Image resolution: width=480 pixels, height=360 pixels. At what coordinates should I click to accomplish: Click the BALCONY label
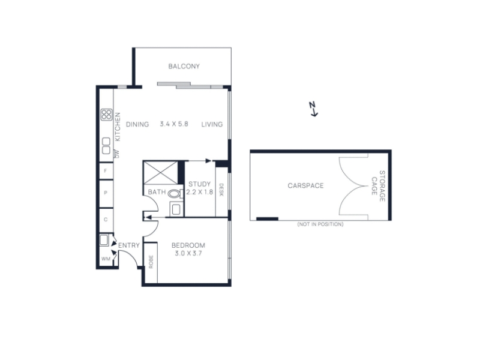pyautogui.click(x=184, y=66)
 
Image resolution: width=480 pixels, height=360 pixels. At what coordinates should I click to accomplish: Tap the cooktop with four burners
pyautogui.click(x=107, y=115)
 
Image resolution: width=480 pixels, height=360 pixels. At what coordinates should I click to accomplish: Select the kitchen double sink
pyautogui.click(x=106, y=146)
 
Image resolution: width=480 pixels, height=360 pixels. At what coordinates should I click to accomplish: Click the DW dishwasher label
pyautogui.click(x=116, y=154)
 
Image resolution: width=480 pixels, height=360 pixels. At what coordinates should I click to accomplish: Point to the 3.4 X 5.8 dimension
pyautogui.click(x=174, y=124)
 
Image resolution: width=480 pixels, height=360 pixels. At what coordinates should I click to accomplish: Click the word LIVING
pyautogui.click(x=212, y=124)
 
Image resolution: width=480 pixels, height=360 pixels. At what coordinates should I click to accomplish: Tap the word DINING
pyautogui.click(x=137, y=124)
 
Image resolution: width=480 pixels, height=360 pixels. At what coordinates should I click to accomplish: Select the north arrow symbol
pyautogui.click(x=313, y=109)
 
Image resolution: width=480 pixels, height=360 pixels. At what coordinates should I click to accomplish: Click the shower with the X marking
pyautogui.click(x=160, y=173)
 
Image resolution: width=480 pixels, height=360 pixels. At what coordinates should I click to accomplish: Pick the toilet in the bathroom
pyautogui.click(x=175, y=193)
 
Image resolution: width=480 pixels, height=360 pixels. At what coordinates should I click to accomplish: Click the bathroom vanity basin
pyautogui.click(x=176, y=209)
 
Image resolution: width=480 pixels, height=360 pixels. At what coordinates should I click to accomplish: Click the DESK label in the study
pyautogui.click(x=221, y=190)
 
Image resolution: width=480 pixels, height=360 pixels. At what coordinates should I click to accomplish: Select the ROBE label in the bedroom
pyautogui.click(x=151, y=262)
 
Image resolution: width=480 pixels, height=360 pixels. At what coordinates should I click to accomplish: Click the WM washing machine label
pyautogui.click(x=106, y=259)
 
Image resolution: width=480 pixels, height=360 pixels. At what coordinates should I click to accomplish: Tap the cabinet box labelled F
pyautogui.click(x=106, y=171)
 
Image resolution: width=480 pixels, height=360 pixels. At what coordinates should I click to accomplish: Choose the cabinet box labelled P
pyautogui.click(x=106, y=193)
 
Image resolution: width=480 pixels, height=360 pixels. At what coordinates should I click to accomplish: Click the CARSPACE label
pyautogui.click(x=305, y=185)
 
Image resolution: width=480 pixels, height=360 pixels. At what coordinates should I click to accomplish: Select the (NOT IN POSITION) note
pyautogui.click(x=320, y=224)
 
